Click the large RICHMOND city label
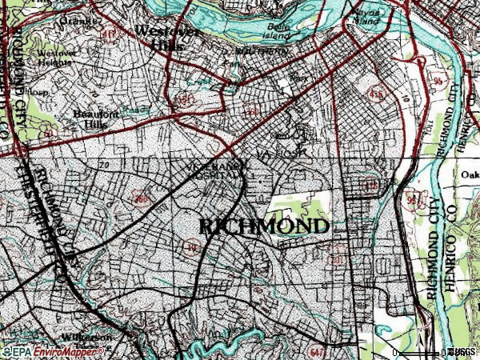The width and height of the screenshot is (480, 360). (263, 226)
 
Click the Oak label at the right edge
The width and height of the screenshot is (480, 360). (470, 172)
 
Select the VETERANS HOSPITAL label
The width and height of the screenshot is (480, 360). (216, 170)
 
